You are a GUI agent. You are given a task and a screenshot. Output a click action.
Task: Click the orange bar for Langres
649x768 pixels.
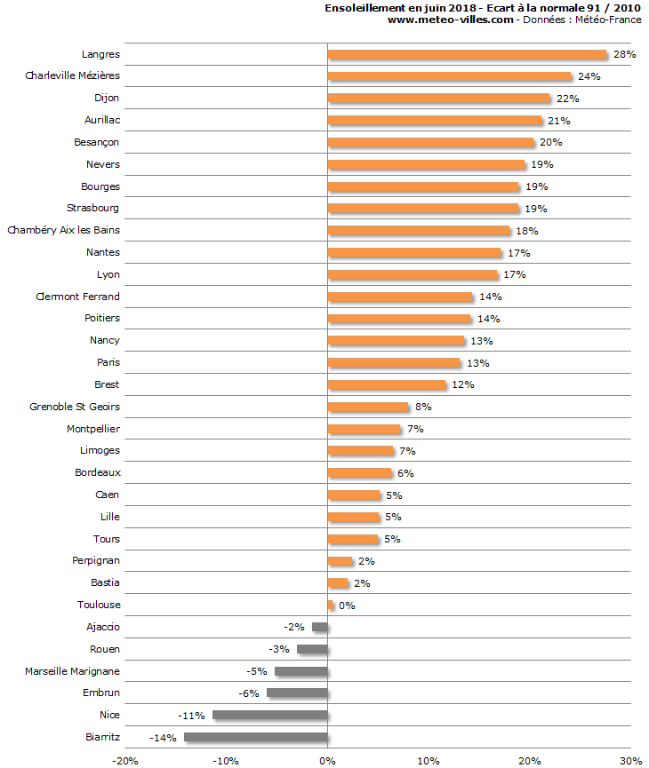pos(467,54)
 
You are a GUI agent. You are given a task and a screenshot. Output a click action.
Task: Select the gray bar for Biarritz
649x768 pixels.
pos(256,737)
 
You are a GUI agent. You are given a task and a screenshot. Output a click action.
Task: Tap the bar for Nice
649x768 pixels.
pos(270,715)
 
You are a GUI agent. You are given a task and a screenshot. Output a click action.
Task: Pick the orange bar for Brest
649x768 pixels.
pos(387,384)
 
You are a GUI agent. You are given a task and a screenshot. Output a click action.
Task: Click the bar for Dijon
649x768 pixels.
pos(439,98)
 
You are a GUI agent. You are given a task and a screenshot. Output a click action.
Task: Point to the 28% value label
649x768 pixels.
pos(624,54)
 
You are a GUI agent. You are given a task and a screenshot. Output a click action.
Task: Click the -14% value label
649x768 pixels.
pos(164,738)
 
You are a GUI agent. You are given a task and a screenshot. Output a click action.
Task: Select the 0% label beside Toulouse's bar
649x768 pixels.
pos(347,606)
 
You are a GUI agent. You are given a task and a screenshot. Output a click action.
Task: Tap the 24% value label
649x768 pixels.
pos(589,76)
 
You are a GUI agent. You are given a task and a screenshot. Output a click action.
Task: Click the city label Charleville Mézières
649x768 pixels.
pos(72,75)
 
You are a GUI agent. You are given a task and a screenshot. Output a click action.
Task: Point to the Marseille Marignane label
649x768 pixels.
pos(72,670)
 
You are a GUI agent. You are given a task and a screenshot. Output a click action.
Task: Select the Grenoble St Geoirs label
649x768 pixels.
pos(75,407)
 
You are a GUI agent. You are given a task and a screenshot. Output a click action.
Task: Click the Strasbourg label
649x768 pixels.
pos(93,208)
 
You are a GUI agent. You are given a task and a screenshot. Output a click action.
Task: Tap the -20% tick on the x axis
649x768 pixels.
pos(125,761)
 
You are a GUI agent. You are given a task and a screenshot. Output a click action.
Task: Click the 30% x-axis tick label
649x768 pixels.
pos(630,761)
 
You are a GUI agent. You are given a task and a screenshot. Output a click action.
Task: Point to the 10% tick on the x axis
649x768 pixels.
pos(429,761)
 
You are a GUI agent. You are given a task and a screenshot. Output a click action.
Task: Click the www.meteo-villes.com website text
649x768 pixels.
pos(451,20)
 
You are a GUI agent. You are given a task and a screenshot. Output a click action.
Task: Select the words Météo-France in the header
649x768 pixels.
pos(610,20)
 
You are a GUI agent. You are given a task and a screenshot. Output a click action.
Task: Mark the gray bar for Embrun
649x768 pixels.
pos(297,693)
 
